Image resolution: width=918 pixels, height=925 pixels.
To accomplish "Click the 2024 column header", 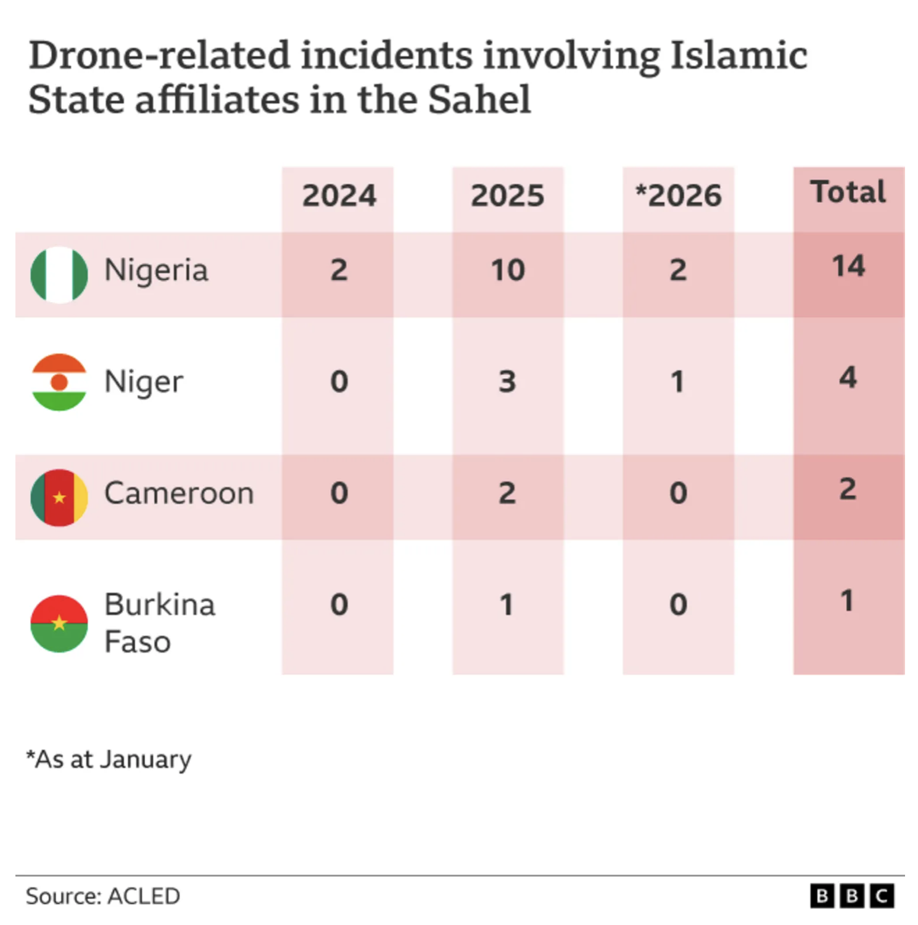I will [x=339, y=196].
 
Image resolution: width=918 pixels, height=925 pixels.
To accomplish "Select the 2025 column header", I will [x=507, y=196].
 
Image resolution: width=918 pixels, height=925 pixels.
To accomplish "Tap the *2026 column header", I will [x=678, y=196].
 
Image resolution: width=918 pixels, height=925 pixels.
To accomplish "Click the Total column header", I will [x=848, y=192].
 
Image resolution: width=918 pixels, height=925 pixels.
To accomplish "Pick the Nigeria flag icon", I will [x=59, y=274].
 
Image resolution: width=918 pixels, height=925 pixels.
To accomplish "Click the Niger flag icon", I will [x=59, y=382].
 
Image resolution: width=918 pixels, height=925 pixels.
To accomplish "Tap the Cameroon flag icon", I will [x=59, y=497].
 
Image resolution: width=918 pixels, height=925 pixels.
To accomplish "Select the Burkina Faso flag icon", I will [x=59, y=623].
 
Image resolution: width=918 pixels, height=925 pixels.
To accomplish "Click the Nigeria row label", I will [x=156, y=270].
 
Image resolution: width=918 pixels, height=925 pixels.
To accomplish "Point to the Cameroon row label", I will [x=179, y=493].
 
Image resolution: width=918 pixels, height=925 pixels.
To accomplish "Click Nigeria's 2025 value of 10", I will [x=507, y=270].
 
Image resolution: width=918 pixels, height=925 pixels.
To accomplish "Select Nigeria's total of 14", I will [x=848, y=266].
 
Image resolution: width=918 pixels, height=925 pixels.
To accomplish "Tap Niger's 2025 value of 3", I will [x=507, y=382].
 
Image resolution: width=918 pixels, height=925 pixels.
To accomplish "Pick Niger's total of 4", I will [x=848, y=377].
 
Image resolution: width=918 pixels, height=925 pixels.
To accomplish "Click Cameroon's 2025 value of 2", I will [x=507, y=493].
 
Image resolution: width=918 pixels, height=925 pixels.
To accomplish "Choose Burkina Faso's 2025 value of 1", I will [x=507, y=605].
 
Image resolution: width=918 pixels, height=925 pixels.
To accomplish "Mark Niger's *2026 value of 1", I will [x=677, y=382].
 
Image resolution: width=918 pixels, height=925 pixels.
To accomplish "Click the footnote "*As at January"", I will [x=109, y=759].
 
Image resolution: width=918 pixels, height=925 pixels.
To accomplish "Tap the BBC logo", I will [x=851, y=896].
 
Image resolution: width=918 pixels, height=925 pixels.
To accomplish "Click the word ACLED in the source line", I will [x=144, y=896].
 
